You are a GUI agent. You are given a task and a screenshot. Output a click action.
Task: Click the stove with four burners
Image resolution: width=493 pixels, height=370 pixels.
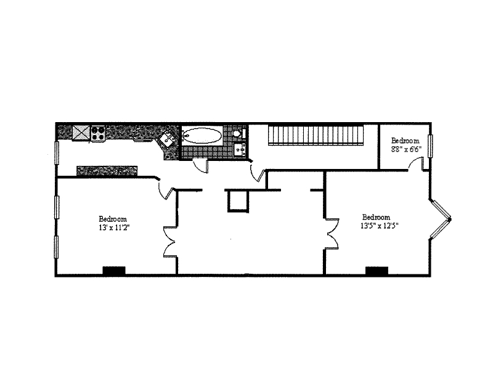click(x=98, y=133)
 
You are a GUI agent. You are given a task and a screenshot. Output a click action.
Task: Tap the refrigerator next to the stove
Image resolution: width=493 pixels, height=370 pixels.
click(x=81, y=132)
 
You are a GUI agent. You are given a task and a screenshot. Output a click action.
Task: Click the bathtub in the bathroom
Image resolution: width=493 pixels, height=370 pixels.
click(x=202, y=135)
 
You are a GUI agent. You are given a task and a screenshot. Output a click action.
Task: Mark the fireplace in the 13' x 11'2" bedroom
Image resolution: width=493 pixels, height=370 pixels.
click(x=113, y=270)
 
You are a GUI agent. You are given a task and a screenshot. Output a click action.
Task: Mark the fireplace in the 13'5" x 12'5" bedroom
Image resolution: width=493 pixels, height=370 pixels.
click(x=377, y=270)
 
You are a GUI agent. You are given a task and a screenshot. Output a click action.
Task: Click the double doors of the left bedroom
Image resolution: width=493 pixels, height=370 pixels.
click(x=169, y=242)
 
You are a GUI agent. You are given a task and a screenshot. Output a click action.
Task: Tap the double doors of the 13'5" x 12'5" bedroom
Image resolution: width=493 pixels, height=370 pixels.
click(x=333, y=234)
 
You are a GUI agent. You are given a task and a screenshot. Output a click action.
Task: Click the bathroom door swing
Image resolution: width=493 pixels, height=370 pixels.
click(x=201, y=165)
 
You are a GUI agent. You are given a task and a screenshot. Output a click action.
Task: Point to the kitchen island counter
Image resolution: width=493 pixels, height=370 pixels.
click(x=106, y=171)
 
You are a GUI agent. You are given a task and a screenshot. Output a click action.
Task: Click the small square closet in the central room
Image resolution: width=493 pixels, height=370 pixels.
click(x=238, y=201)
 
